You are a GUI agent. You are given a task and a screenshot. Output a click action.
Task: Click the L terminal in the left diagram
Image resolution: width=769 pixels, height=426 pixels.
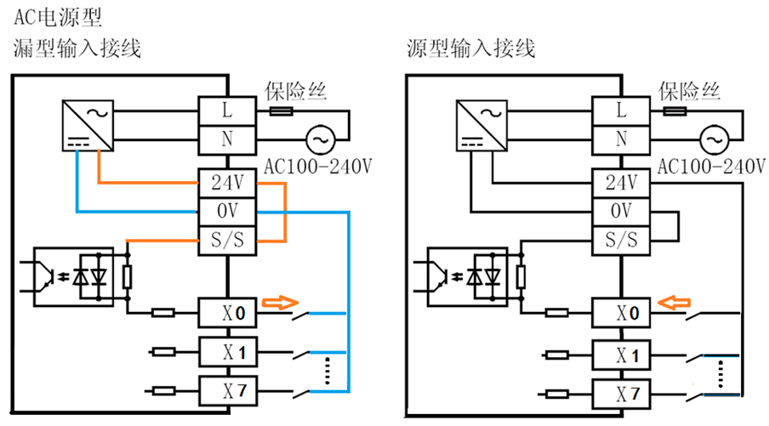[x=226, y=111]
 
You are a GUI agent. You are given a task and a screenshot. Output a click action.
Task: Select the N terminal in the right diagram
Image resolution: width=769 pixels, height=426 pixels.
[x=621, y=139]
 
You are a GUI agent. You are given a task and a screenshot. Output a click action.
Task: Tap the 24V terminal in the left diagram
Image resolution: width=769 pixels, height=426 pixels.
[x=226, y=183]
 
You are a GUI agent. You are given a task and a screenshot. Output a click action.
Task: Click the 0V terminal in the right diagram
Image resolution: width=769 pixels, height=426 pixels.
[x=621, y=211]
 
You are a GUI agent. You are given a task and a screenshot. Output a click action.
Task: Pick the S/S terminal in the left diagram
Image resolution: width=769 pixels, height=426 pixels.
[x=226, y=241]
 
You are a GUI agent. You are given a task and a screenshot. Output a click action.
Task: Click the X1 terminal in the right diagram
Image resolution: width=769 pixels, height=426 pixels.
[x=621, y=353]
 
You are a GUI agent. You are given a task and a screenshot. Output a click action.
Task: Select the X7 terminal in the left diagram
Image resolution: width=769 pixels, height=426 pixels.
[x=226, y=391]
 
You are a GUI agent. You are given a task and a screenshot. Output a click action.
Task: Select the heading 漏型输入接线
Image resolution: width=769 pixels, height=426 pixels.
[x=77, y=48]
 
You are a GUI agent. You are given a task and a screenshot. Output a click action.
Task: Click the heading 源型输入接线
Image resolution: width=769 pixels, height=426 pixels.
[x=470, y=48]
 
